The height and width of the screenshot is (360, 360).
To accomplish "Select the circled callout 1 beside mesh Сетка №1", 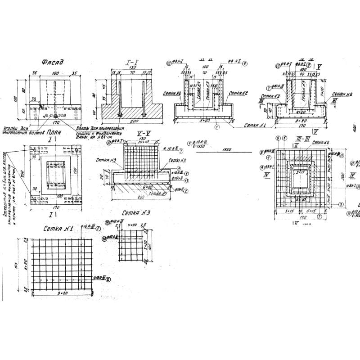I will tap(99, 229).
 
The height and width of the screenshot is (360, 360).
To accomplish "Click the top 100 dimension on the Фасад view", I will tap(56, 72).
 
